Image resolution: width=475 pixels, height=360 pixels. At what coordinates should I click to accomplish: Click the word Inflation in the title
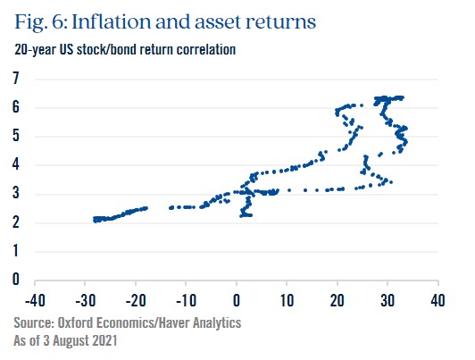click(112, 21)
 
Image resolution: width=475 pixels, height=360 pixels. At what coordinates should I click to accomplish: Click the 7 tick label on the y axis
click(16, 79)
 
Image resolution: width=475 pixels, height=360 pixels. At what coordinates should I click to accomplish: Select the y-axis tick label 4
click(16, 164)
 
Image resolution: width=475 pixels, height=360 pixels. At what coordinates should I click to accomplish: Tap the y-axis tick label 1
click(16, 251)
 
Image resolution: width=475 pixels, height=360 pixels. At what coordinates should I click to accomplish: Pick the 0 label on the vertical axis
click(16, 279)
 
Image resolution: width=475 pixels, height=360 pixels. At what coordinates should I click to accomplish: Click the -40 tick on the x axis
click(35, 301)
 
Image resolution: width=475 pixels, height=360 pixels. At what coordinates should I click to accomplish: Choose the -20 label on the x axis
click(136, 301)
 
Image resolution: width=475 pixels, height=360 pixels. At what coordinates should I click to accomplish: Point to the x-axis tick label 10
click(287, 301)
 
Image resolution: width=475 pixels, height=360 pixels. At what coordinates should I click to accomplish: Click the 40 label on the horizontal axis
click(437, 301)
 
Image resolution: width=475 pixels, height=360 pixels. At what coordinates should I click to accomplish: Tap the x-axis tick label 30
click(387, 301)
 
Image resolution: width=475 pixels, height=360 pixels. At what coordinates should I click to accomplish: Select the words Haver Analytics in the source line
click(200, 323)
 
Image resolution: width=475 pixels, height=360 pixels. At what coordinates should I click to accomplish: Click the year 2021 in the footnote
click(104, 340)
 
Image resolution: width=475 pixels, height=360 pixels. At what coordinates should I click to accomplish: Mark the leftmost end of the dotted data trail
click(95, 220)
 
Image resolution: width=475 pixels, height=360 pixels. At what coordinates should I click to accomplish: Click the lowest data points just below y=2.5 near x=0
click(246, 215)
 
